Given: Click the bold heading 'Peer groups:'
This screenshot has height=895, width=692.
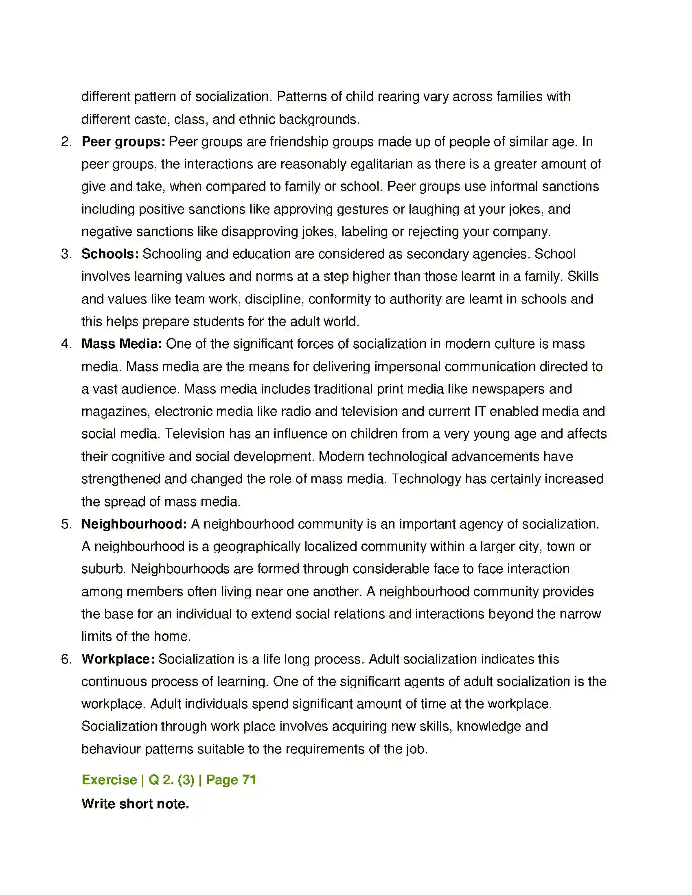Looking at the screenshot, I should pyautogui.click(x=123, y=142).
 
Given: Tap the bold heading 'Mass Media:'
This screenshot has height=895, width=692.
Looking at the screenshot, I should pyautogui.click(x=122, y=344).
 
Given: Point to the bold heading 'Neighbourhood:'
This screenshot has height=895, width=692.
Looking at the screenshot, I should pyautogui.click(x=134, y=524).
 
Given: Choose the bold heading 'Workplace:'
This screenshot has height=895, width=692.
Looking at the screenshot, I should pyautogui.click(x=118, y=659).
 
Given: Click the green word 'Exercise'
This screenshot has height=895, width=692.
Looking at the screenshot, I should pyautogui.click(x=109, y=780).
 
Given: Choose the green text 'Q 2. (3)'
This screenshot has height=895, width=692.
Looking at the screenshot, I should pyautogui.click(x=171, y=780).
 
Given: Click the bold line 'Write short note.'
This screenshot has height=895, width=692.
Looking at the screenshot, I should pyautogui.click(x=135, y=804).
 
